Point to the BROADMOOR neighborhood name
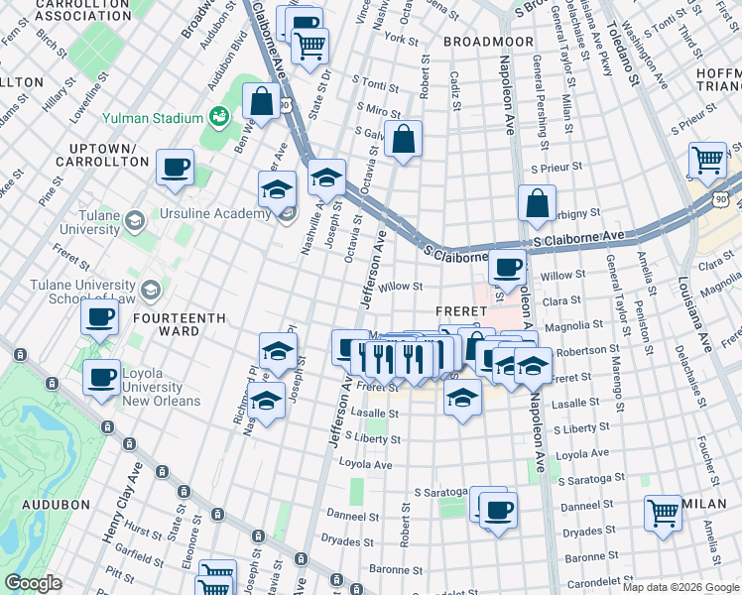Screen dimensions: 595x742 pyautogui.click(x=481, y=42)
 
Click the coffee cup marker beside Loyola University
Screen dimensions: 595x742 pyautogui.click(x=101, y=377)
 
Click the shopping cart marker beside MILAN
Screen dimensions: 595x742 pyautogui.click(x=663, y=513)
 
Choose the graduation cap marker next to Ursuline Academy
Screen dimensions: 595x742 pyautogui.click(x=278, y=187)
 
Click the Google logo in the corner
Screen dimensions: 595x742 pyautogui.click(x=33, y=583)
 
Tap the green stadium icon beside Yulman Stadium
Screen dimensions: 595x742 pyautogui.click(x=217, y=118)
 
